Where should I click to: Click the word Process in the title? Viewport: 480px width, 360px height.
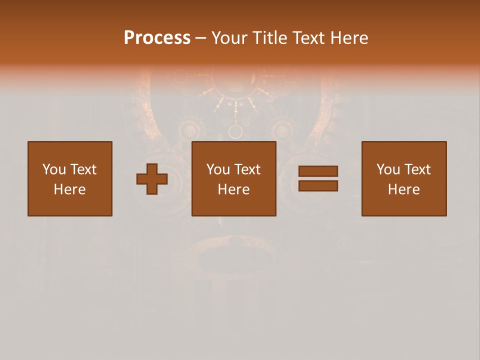tap(157, 38)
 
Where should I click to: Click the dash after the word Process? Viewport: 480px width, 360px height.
tap(200, 38)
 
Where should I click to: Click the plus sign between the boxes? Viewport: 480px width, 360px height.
tap(152, 179)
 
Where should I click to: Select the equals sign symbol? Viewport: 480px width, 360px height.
tap(318, 178)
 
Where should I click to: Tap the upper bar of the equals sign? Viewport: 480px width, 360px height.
tap(318, 171)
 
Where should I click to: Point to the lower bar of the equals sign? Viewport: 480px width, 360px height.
tap(318, 186)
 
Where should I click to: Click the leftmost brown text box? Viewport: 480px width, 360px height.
tap(70, 178)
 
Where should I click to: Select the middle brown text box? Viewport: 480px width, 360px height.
tap(234, 178)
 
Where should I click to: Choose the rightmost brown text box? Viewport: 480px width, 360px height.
tap(404, 178)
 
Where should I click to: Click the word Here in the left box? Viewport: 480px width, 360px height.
tap(70, 189)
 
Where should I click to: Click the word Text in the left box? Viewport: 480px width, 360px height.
tap(83, 169)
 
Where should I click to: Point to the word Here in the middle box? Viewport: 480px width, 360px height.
tap(234, 189)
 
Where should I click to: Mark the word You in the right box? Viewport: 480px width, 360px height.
tap(388, 169)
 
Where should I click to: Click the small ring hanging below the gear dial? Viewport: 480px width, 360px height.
tap(235, 132)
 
